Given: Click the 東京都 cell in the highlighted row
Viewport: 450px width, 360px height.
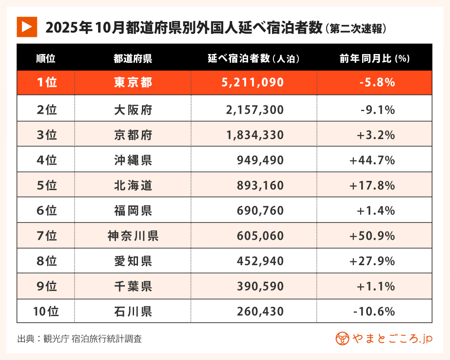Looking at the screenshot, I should point(133,83).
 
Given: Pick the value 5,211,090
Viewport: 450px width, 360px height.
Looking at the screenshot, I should point(255,83).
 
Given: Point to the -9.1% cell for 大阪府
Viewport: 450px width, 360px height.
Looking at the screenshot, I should point(377,109).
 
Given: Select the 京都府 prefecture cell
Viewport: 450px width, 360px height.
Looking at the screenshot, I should point(133,135).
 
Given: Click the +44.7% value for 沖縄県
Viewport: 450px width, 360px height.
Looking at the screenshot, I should point(372,160).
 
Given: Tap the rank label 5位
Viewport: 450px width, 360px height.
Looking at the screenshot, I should point(47,186).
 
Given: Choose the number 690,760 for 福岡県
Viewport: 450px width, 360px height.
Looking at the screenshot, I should point(260,211).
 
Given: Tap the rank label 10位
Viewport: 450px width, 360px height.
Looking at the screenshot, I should point(46,312).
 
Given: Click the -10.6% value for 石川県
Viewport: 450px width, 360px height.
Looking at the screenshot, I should point(374,312).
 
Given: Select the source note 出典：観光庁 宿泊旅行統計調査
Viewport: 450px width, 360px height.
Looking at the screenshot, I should point(80,339).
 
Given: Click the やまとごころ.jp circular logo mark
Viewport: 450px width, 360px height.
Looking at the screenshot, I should point(342,338).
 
